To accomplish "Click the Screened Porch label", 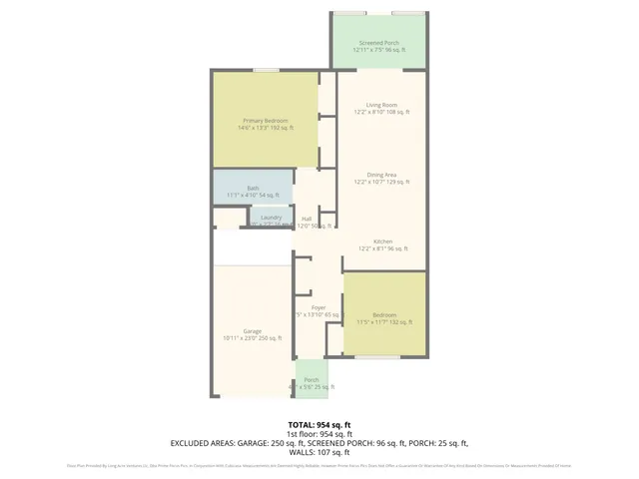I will pyautogui.click(x=378, y=44).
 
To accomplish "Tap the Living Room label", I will pyautogui.click(x=381, y=105).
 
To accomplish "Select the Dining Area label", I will pyautogui.click(x=381, y=175).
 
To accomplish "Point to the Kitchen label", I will pyautogui.click(x=382, y=241).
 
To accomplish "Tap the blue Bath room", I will pyautogui.click(x=253, y=190).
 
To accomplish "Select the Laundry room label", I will pyautogui.click(x=271, y=218).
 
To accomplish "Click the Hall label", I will pyautogui.click(x=307, y=219).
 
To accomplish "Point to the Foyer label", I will pyautogui.click(x=319, y=307).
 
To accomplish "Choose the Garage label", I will pyautogui.click(x=252, y=331).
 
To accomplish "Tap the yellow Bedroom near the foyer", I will pyautogui.click(x=384, y=316).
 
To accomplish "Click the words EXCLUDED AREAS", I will pyautogui.click(x=205, y=443).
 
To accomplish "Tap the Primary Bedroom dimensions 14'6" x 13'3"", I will pyautogui.click(x=256, y=128).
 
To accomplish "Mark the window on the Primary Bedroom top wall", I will pyautogui.click(x=266, y=70).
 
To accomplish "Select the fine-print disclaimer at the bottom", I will pyautogui.click(x=319, y=465).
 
